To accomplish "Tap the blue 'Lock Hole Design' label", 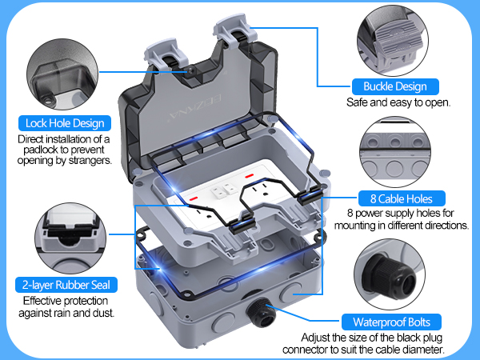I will [x=65, y=123].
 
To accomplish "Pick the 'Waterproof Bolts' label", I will [x=390, y=322].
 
